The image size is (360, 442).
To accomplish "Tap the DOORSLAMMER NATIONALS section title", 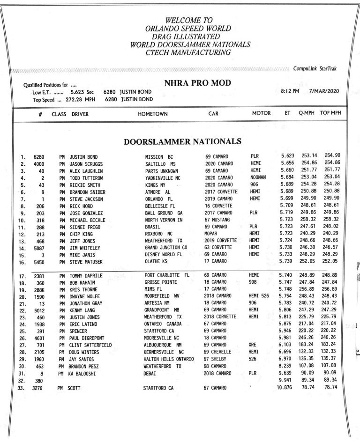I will [x=182, y=141].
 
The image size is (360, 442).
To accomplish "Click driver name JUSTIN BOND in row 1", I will [x=87, y=156].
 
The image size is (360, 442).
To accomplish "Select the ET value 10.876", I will [x=286, y=388].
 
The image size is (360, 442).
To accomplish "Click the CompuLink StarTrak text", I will [x=315, y=69].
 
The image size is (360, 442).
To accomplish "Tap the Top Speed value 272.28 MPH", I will [x=78, y=99].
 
